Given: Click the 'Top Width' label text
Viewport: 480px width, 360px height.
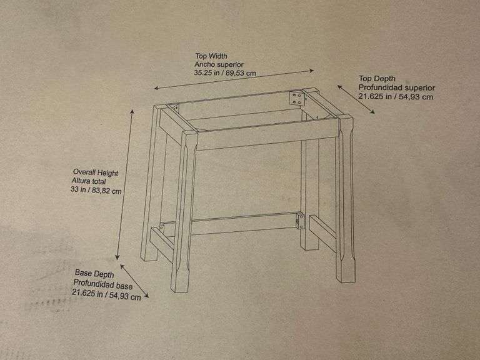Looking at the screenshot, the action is (x=211, y=56).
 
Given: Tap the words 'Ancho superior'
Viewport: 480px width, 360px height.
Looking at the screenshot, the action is (x=219, y=64).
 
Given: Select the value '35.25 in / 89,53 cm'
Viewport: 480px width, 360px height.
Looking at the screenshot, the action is (x=225, y=73).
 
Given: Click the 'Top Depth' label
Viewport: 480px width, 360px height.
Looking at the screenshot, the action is (x=377, y=79).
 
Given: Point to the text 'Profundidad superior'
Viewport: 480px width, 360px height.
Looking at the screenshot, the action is (x=397, y=87).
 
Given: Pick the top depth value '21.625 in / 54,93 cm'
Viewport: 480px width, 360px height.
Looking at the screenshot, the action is (x=396, y=97).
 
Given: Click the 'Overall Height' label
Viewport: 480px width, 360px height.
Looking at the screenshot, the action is (x=96, y=172).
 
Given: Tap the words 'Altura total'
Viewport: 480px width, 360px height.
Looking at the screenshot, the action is (x=89, y=181).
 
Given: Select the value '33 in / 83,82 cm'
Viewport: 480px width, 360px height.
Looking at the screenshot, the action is (x=96, y=191).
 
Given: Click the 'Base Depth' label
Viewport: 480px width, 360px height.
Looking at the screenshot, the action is (x=94, y=273).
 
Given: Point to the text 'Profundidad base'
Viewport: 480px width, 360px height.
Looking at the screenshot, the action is (x=103, y=284).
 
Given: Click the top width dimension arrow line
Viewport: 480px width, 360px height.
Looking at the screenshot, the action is (x=234, y=79).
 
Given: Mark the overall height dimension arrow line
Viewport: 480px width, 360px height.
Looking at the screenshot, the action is (x=124, y=184).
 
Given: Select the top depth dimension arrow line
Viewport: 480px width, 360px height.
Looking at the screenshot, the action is (x=356, y=99).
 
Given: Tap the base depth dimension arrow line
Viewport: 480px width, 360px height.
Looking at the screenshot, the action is (x=134, y=281).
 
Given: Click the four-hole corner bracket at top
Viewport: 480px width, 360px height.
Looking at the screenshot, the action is (x=297, y=98).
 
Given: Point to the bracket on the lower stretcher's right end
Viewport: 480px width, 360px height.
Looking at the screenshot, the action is (x=300, y=221).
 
